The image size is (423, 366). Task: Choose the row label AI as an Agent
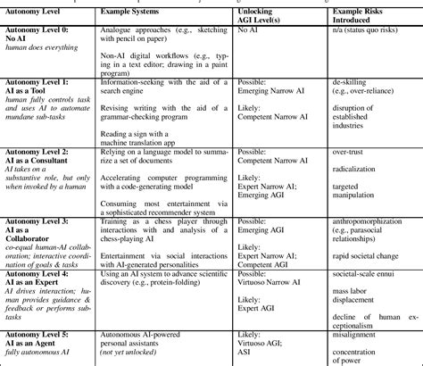[x=41, y=343]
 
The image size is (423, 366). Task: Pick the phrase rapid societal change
[x=369, y=257]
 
